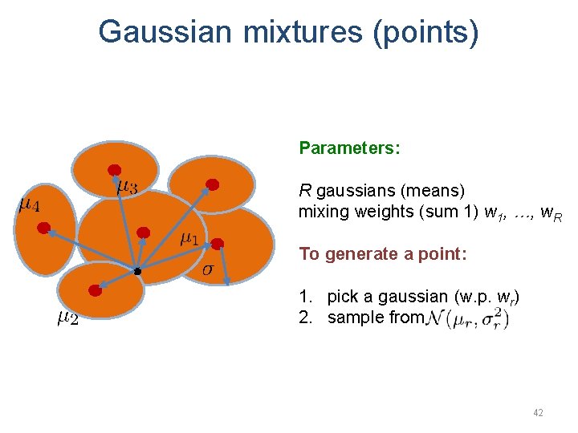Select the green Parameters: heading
pos(349,148)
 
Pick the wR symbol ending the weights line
pos(551,213)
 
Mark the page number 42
pos(538,413)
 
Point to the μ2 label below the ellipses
pos(67,318)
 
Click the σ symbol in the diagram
pos(207,268)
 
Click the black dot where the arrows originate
pos(137,272)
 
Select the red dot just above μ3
pos(115,170)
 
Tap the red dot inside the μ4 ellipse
pos(43,227)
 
